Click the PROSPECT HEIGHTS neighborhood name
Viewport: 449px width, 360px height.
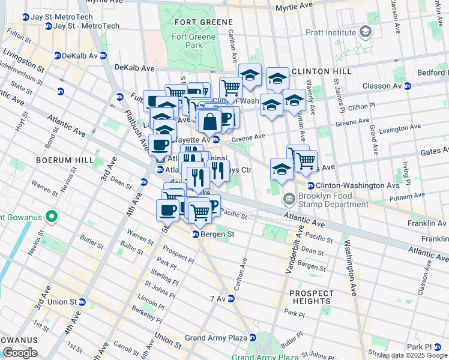(311, 297)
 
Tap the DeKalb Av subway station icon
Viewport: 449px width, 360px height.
(58, 55)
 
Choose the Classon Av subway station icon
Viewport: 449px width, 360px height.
(408, 86)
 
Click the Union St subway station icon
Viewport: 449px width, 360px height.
(82, 302)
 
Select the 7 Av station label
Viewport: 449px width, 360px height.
(217, 298)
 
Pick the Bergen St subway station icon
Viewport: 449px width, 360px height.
(195, 234)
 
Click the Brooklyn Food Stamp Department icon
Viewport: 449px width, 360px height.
(289, 198)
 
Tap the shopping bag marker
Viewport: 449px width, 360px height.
(209, 122)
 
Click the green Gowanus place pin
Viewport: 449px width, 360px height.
(52, 217)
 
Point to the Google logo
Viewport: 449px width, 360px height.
(19, 353)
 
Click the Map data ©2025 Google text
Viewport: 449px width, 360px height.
(412, 355)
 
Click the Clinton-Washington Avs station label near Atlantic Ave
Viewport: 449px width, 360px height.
(352, 185)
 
